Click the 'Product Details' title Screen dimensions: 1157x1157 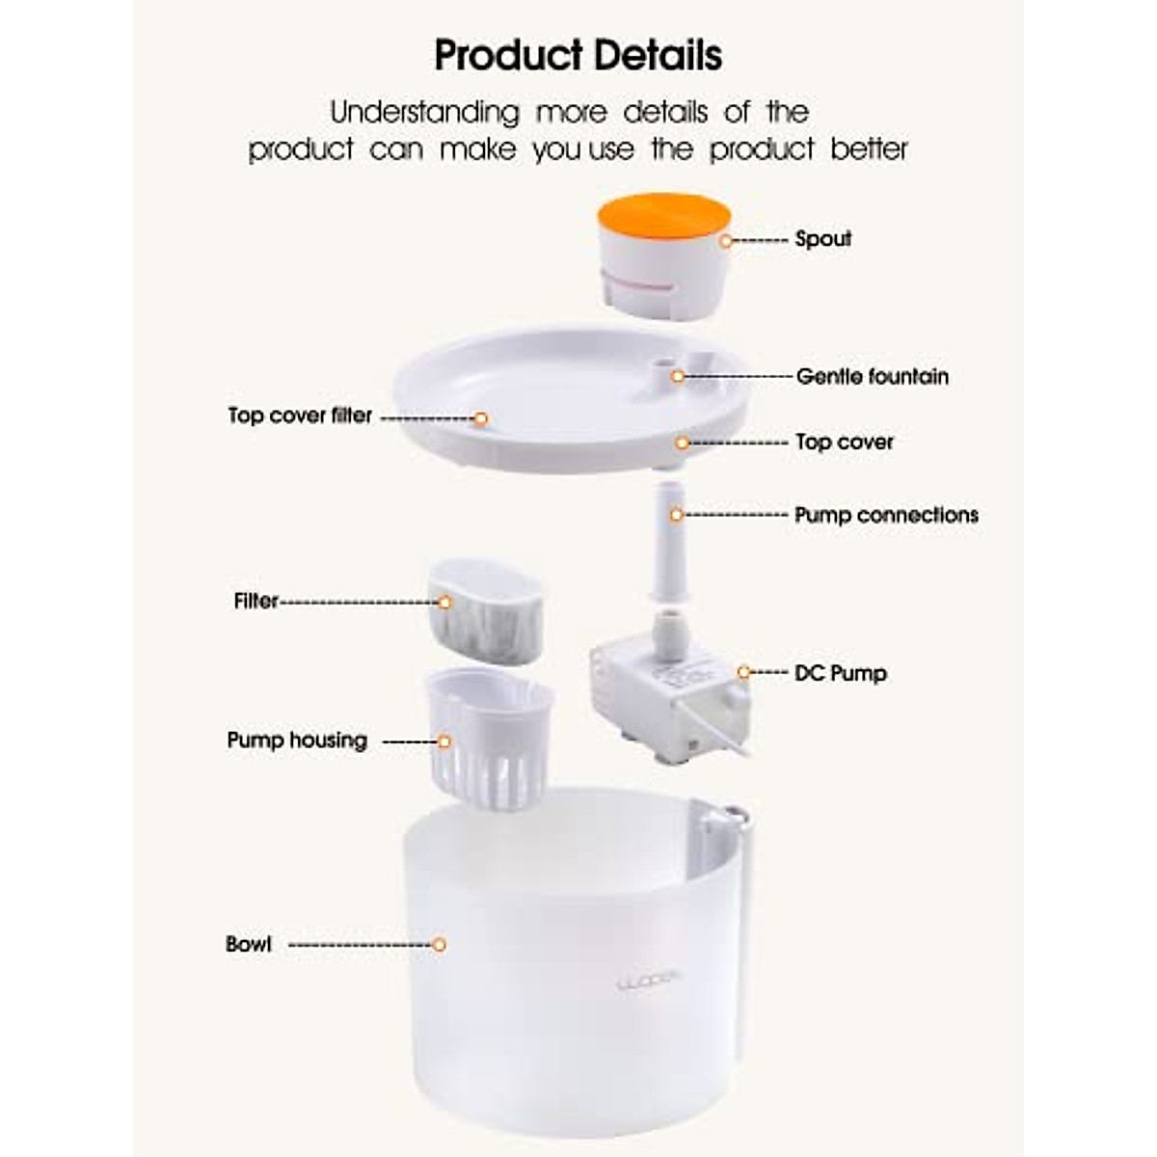578,55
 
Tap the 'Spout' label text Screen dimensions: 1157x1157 822,239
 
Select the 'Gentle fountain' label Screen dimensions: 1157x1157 872,376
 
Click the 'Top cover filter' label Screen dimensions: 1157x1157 300,416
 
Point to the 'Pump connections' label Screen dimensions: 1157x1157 886,515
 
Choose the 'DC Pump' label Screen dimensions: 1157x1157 840,673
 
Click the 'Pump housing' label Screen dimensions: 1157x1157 297,740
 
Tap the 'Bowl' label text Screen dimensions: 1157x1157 249,944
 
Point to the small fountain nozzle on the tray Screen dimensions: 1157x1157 662,371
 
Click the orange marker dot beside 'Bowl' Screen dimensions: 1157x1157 439,945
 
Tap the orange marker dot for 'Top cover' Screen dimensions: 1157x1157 682,443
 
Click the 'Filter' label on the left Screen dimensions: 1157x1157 256,601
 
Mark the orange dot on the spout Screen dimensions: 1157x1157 726,241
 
